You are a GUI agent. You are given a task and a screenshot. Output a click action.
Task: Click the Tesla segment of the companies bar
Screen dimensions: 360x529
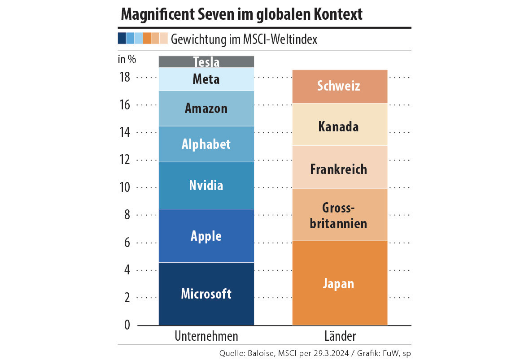click(206, 62)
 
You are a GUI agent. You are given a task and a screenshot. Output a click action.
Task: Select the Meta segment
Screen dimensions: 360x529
click(206, 79)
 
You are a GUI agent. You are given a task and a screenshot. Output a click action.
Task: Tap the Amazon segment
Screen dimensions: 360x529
click(206, 108)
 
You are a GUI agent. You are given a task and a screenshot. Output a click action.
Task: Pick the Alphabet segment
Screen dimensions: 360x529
click(206, 144)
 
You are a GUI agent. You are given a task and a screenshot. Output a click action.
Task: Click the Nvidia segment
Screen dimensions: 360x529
click(206, 185)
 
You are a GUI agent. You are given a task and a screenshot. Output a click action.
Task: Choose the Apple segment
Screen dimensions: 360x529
click(206, 236)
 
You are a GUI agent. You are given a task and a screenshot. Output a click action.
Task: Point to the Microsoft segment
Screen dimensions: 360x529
click(206, 294)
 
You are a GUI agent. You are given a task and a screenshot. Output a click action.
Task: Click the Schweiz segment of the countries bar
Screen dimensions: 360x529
click(339, 86)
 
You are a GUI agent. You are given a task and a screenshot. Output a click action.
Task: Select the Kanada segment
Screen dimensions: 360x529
click(339, 126)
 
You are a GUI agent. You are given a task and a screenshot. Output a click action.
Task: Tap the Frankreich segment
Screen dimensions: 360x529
click(339, 169)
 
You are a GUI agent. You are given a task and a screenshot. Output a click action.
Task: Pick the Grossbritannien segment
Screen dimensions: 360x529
click(339, 215)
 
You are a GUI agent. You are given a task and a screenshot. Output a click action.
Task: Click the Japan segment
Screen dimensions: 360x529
click(339, 283)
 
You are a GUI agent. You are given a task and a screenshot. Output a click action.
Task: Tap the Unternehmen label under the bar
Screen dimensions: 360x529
click(206, 336)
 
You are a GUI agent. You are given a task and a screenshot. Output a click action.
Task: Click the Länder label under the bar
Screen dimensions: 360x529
click(340, 336)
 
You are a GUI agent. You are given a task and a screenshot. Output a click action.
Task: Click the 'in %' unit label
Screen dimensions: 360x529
click(127, 59)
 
